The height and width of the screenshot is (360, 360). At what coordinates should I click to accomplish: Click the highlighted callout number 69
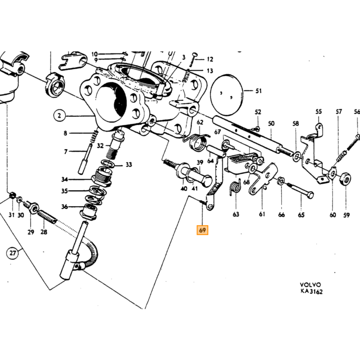coord(202,230)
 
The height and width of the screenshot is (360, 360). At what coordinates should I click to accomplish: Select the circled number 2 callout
coord(60,115)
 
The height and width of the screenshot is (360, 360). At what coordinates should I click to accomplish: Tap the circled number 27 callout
coord(12,253)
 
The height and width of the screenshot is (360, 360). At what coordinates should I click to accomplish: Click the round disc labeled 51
coord(227,95)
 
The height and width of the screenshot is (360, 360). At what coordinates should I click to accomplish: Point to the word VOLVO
coord(310,285)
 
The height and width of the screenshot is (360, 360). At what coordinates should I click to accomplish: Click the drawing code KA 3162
coord(311,292)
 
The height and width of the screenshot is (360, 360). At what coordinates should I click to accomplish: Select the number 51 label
coord(259,91)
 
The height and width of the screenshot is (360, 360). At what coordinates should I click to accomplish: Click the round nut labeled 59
coord(345,178)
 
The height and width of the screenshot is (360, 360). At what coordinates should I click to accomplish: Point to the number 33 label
coord(129,165)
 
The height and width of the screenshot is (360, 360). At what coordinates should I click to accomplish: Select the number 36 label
coord(64,207)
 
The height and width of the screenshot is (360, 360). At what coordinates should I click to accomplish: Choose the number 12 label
coord(210,59)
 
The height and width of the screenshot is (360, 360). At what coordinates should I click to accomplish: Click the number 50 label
coord(271,123)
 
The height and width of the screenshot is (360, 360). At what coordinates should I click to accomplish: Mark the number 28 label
coord(44,232)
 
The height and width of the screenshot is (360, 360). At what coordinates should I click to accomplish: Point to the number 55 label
coord(318,112)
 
